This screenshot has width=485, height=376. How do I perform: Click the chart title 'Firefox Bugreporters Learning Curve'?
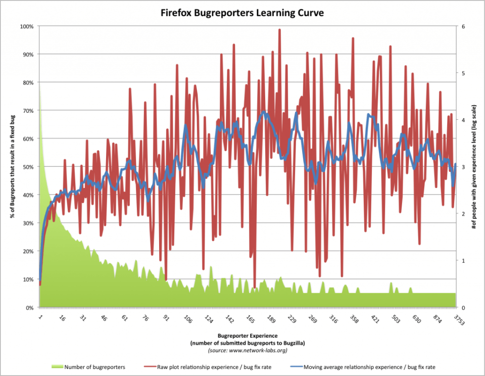[242, 13]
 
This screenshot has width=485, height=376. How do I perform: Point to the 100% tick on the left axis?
[27, 26]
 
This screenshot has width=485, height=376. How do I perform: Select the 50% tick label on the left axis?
[28, 167]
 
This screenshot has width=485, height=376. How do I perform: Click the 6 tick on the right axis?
[462, 26]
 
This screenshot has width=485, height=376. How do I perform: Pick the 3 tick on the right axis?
[462, 167]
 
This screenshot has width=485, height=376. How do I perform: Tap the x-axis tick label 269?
[312, 319]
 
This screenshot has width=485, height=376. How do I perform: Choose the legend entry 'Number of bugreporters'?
[94, 366]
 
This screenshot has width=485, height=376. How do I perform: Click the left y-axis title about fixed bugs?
[11, 167]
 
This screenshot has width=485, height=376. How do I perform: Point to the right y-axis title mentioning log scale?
[475, 167]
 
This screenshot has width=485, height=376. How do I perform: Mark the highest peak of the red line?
[279, 29]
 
